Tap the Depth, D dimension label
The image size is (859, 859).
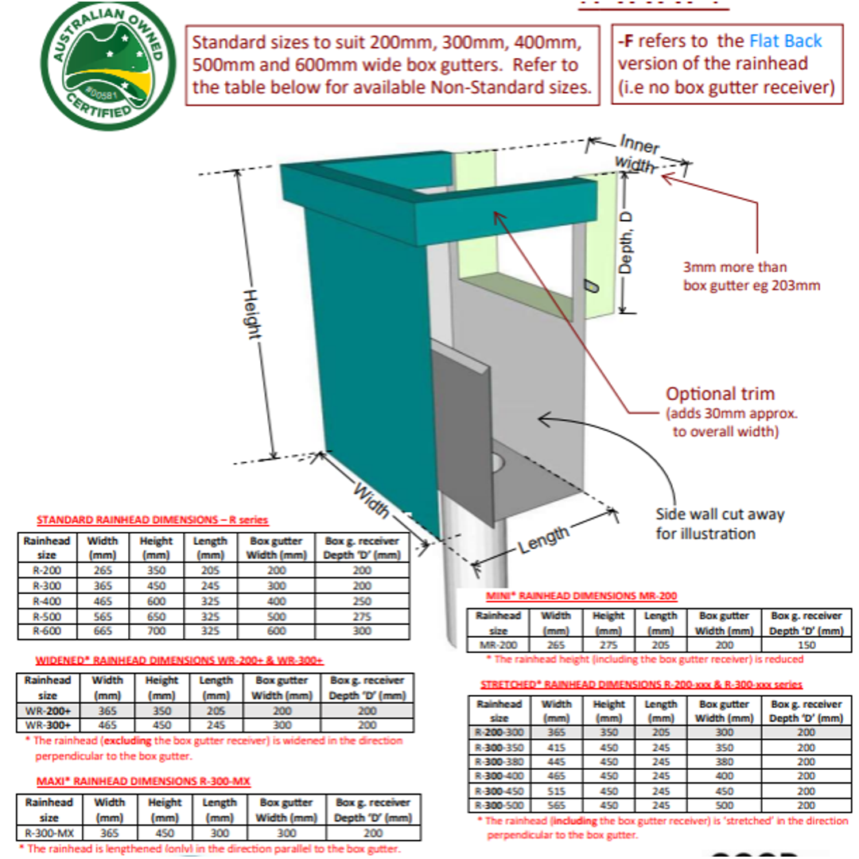coord(627,243)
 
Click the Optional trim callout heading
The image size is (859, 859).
coord(720,394)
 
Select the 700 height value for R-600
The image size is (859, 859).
coord(156,632)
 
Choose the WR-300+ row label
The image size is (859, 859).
coord(47,725)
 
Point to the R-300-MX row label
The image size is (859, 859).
coord(49,833)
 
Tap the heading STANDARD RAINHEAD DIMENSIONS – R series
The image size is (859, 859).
coord(152,520)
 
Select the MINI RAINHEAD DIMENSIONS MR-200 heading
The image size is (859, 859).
coord(581,596)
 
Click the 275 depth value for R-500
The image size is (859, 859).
coord(362,616)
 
